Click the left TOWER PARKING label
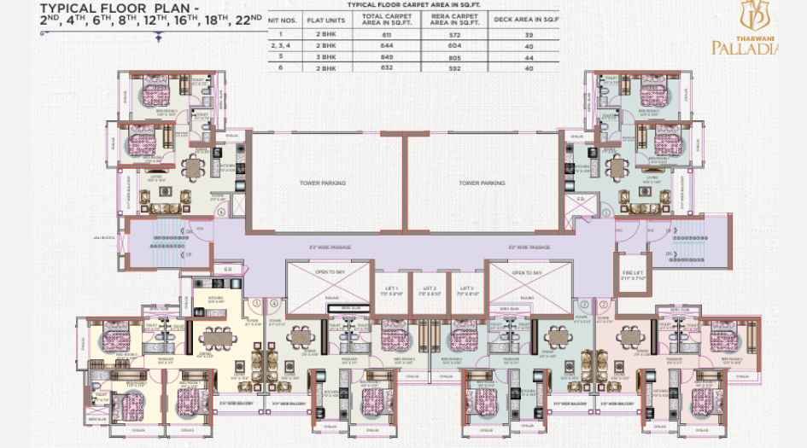323,183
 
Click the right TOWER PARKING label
482,183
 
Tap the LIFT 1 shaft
392,291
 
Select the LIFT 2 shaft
429,291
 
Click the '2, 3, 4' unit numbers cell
280,45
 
